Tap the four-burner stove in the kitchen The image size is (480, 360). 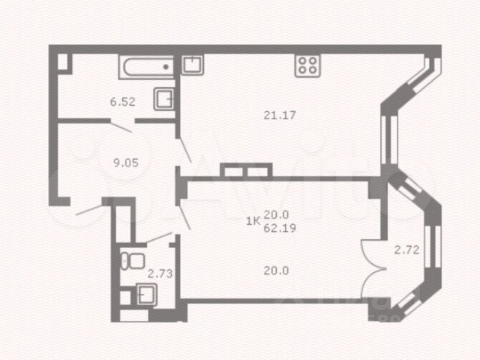coord(307,64)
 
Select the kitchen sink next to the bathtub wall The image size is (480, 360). coord(193,64)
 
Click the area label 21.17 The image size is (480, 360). coord(277,115)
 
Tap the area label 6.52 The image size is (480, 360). coord(121,102)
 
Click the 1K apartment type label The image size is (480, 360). coord(253,220)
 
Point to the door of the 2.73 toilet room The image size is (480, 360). coord(158,238)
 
